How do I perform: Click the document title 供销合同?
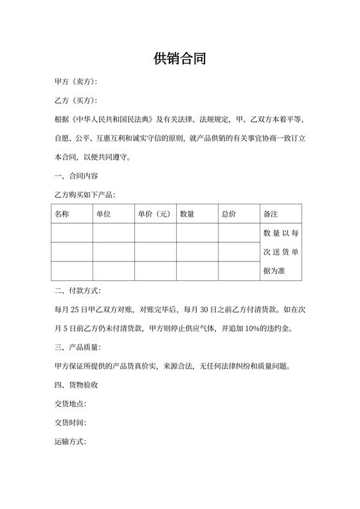pyautogui.click(x=180, y=59)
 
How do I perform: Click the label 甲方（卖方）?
pyautogui.click(x=76, y=82)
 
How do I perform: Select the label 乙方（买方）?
pyautogui.click(x=76, y=101)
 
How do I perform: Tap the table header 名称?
pyautogui.click(x=62, y=213)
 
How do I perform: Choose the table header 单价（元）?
pyautogui.click(x=154, y=213)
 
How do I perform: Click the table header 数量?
pyautogui.click(x=187, y=213)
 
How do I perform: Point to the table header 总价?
pyautogui.click(x=228, y=213)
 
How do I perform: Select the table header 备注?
pyautogui.click(x=271, y=213)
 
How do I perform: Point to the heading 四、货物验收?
pyautogui.click(x=76, y=386)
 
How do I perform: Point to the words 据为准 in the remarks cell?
pyautogui.click(x=274, y=271)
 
